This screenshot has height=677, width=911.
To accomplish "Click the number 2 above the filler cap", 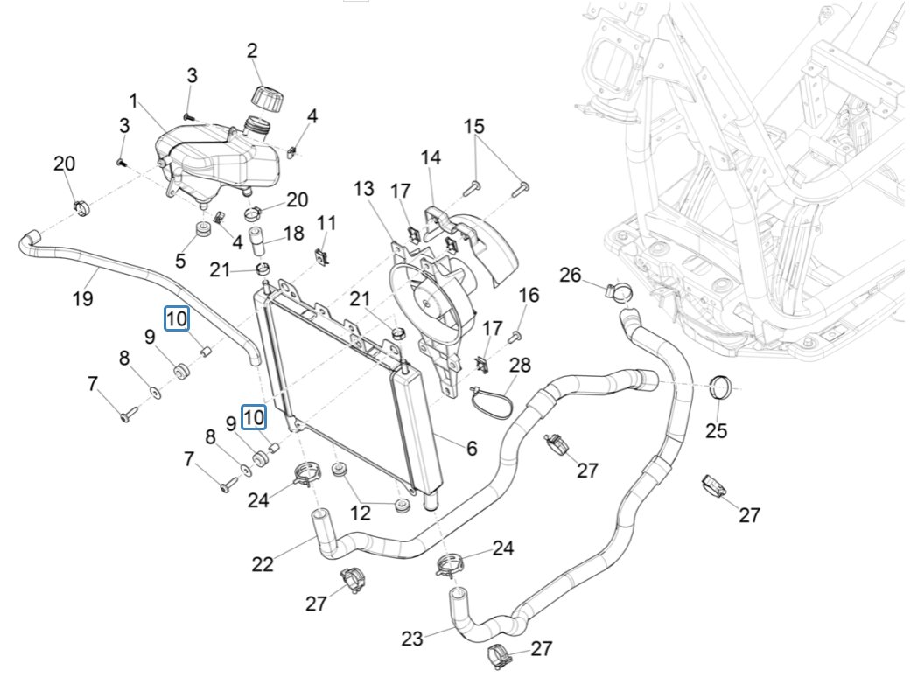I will pyautogui.click(x=252, y=51).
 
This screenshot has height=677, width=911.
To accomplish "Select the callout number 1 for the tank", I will pyautogui.click(x=134, y=100).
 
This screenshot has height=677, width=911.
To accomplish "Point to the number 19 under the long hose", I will pyautogui.click(x=82, y=299).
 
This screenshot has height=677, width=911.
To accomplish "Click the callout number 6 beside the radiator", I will pyautogui.click(x=472, y=449).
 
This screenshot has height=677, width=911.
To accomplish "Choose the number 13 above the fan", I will pyautogui.click(x=364, y=189).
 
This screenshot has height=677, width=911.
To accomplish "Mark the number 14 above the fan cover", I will pyautogui.click(x=431, y=157).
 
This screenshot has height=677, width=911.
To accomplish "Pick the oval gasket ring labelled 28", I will pyautogui.click(x=493, y=401).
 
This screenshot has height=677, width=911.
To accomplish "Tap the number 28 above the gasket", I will pyautogui.click(x=521, y=363).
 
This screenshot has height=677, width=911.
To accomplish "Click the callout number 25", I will pyautogui.click(x=717, y=431).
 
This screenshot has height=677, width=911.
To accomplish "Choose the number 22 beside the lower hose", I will pyautogui.click(x=263, y=564).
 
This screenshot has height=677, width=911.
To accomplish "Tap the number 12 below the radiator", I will pyautogui.click(x=361, y=513).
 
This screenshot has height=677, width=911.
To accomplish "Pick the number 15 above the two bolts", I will pyautogui.click(x=473, y=127).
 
